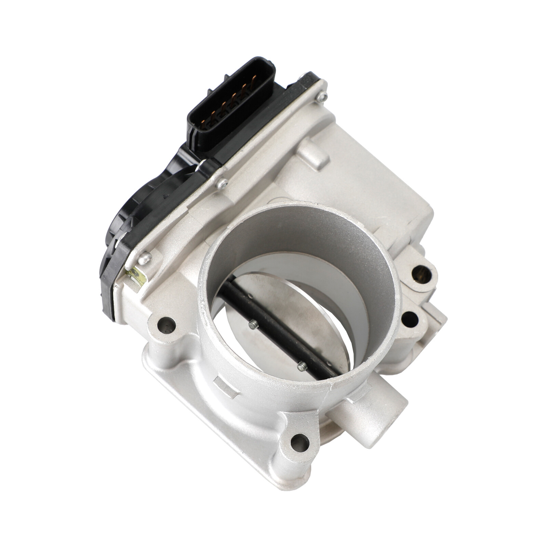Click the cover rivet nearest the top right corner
click(x=321, y=97)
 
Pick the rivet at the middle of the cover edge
click(x=222, y=184)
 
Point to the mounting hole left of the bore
click(x=166, y=325)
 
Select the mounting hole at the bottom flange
click(x=300, y=442)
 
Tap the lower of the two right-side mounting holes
click(x=410, y=319)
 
